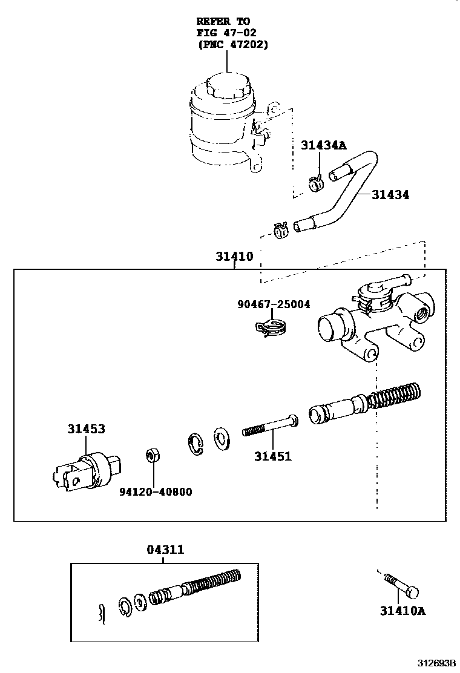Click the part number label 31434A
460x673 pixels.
coord(324,145)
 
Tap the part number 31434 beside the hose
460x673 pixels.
coord(390,195)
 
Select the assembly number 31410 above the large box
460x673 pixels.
coord(234,256)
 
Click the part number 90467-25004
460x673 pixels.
coord(274,304)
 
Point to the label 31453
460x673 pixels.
coord(86,429)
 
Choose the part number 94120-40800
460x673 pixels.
coord(155,492)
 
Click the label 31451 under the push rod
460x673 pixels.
coord(272,456)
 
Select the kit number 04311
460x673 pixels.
coord(165,550)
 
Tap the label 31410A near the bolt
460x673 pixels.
coord(402,611)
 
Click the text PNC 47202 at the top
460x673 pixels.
coord(232,45)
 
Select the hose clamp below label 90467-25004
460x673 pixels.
coord(270,329)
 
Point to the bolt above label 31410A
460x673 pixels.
coord(400,586)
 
